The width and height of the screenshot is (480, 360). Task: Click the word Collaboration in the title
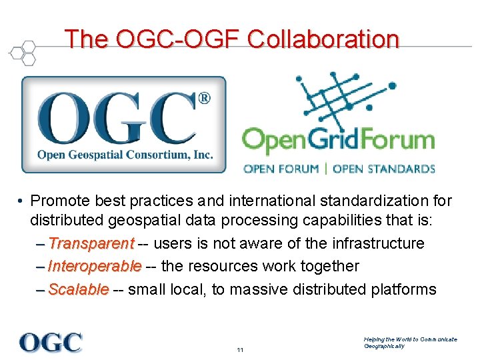[x=323, y=39]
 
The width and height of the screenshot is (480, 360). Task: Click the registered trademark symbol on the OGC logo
[x=205, y=99]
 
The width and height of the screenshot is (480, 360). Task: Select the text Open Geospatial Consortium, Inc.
[x=125, y=155]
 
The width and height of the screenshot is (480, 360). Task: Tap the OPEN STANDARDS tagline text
[x=383, y=169]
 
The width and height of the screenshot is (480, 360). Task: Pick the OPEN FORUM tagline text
[x=281, y=169]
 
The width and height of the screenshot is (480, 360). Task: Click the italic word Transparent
[x=91, y=243]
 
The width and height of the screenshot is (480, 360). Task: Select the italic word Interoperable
[x=95, y=266]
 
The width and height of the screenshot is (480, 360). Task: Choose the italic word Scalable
[x=79, y=289]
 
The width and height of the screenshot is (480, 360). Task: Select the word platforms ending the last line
[x=407, y=289]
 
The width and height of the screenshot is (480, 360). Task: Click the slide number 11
[x=240, y=350]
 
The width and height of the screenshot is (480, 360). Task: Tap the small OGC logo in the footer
[x=51, y=342]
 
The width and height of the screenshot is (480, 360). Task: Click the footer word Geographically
[x=384, y=346]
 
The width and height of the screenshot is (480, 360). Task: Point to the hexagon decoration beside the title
[x=23, y=51]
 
